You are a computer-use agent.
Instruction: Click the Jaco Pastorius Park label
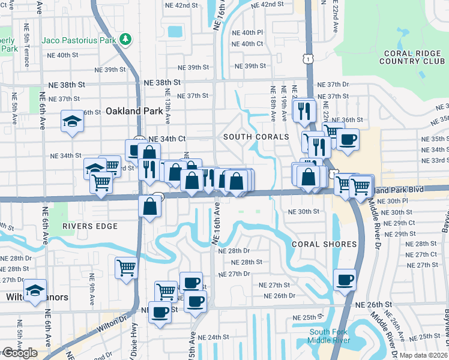(x=78, y=40)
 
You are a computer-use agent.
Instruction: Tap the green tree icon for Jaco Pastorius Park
(x=125, y=40)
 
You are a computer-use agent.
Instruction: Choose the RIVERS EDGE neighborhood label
(x=89, y=226)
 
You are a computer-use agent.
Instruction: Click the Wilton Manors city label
(x=47, y=297)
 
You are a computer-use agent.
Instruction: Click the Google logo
(x=20, y=353)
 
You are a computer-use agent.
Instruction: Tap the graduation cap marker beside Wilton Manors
(x=35, y=289)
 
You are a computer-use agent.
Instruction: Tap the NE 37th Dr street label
(x=333, y=85)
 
